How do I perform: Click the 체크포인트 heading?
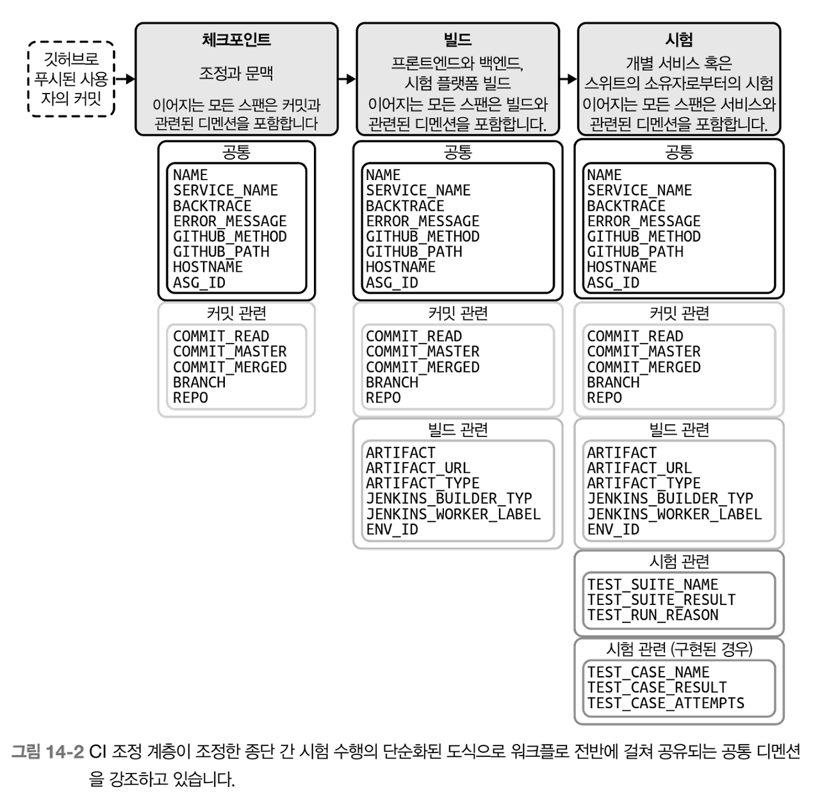[x=236, y=40]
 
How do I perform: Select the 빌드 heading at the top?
[x=457, y=40]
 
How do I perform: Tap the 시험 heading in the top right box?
[x=679, y=40]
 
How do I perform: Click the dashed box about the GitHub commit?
[x=71, y=79]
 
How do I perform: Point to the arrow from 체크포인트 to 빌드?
[x=347, y=79]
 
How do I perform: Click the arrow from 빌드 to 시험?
[x=568, y=79]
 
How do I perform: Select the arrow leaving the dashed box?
[x=125, y=79]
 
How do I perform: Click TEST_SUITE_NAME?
[x=652, y=585]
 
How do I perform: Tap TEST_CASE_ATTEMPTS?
[x=666, y=703]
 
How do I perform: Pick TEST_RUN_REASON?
[x=652, y=615]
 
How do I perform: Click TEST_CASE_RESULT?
[x=657, y=688]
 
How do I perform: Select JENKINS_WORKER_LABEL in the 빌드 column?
[x=453, y=514]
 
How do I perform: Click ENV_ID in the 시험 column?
[x=613, y=529]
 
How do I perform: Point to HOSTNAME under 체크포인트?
[x=208, y=267]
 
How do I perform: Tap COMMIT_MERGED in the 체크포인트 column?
[x=229, y=367]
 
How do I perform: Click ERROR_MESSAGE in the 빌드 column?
[x=422, y=221]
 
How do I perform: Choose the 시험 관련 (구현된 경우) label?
[x=679, y=649]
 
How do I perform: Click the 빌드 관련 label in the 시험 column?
[x=679, y=429]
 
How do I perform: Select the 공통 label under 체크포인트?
[x=236, y=152]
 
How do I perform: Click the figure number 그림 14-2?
[x=48, y=752]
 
